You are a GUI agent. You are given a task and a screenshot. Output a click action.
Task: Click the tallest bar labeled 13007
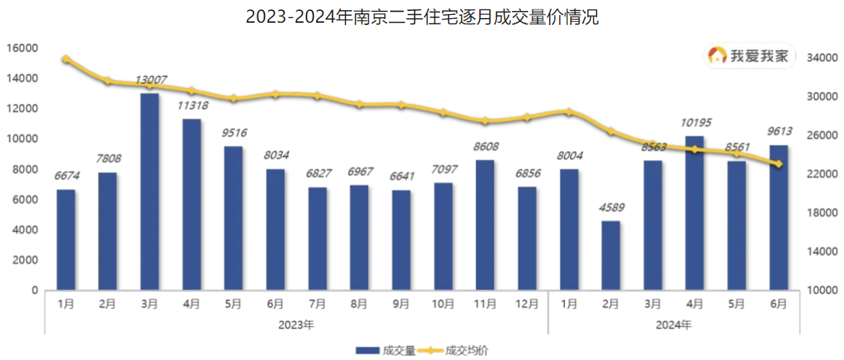[150, 191]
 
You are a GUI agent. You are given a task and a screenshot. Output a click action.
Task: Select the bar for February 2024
[611, 255]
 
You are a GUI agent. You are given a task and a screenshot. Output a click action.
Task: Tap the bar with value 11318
[191, 204]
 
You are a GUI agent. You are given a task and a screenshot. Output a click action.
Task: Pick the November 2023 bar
[486, 224]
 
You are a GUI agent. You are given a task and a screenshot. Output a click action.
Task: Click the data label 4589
[611, 209]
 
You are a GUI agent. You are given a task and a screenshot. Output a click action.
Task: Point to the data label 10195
[694, 124]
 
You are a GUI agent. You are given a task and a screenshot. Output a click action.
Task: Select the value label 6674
[66, 177]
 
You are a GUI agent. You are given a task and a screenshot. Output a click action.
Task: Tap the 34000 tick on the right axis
[820, 58]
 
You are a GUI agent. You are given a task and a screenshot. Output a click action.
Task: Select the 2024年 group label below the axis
[674, 323]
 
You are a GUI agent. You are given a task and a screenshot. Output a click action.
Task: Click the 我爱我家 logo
[751, 56]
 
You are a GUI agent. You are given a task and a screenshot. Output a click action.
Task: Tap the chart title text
[422, 17]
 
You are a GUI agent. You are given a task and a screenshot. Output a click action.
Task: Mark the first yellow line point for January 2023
[66, 59]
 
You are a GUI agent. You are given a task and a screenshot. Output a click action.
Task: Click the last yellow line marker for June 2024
[778, 164]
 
